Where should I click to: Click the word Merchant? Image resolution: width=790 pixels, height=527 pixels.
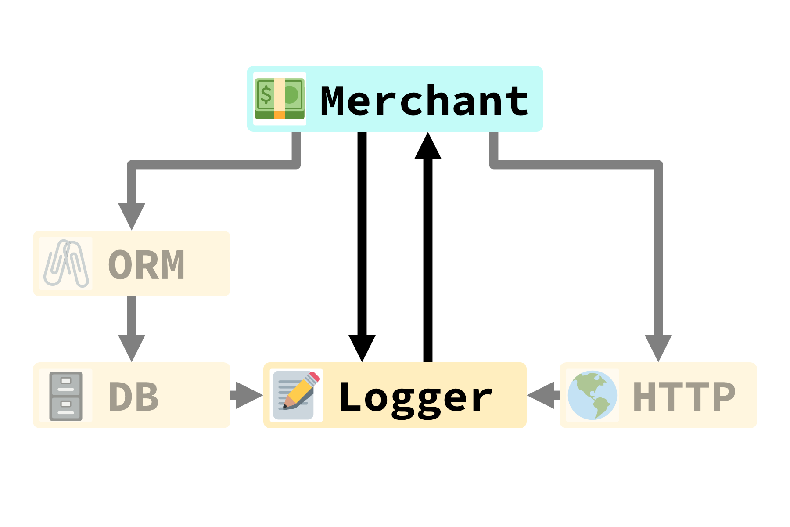(x=424, y=101)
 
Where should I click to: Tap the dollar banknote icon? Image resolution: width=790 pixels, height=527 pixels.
(x=280, y=99)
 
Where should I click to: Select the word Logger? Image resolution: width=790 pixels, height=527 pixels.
(x=416, y=397)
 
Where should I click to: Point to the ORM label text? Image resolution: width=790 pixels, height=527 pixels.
(x=146, y=265)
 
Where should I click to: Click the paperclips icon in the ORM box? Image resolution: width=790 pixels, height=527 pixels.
(x=66, y=263)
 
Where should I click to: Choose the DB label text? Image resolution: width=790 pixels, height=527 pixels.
(x=133, y=397)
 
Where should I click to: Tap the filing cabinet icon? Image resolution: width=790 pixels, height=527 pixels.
(x=66, y=396)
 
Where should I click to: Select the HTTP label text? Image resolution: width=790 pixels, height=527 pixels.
(x=684, y=397)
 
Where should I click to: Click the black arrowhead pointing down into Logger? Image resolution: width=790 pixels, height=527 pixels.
(x=362, y=347)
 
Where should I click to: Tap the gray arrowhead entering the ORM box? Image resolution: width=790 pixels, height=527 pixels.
(x=132, y=215)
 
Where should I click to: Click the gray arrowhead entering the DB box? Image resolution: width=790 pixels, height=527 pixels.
(x=132, y=347)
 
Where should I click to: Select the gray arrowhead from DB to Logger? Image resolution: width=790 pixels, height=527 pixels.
(x=248, y=395)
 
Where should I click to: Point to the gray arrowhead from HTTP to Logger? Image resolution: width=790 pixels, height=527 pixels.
(x=542, y=395)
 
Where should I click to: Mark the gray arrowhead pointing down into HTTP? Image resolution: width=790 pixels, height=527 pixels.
(x=658, y=347)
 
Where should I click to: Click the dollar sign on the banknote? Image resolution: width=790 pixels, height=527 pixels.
(x=266, y=94)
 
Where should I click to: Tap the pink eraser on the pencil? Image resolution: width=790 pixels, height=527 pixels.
(x=313, y=377)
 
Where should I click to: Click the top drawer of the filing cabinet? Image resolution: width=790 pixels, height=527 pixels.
(x=66, y=383)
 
